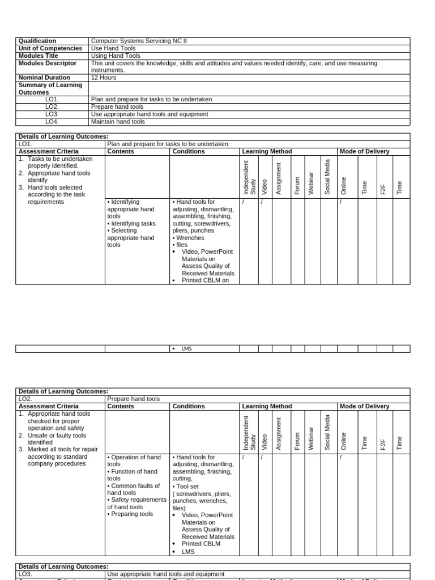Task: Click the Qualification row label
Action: [37, 41]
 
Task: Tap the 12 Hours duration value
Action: [104, 78]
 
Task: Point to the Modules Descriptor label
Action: [47, 63]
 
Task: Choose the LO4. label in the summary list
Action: [52, 121]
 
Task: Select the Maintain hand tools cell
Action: [118, 121]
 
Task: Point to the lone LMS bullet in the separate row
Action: [186, 349]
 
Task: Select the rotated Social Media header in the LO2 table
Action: [327, 432]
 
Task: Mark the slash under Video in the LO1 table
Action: [262, 202]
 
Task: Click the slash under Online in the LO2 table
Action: [340, 457]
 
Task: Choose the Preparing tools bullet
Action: [132, 514]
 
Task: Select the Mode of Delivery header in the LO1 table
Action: [364, 152]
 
